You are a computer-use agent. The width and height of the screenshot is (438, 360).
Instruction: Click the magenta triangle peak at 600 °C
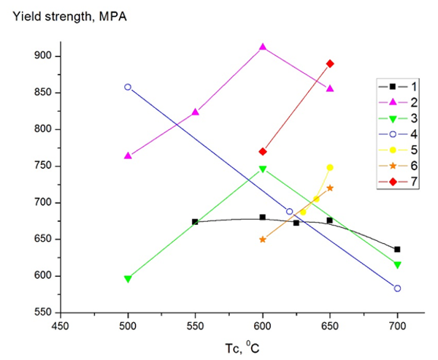click(x=263, y=47)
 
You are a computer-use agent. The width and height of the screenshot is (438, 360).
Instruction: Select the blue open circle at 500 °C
click(x=128, y=87)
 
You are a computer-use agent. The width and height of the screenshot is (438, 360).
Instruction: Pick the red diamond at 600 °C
click(x=263, y=151)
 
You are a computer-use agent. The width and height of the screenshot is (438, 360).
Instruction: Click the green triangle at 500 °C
click(x=128, y=279)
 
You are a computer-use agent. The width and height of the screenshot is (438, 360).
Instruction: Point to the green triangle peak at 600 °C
click(x=263, y=169)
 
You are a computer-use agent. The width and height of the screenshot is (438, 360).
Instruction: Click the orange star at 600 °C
click(x=263, y=239)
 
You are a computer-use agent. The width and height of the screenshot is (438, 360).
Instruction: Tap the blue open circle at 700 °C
click(x=397, y=288)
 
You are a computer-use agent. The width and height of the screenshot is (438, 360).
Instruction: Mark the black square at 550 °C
click(x=195, y=222)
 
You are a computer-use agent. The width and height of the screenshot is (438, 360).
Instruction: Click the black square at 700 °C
click(x=397, y=249)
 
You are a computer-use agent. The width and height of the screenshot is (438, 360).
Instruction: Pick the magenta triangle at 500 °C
click(x=128, y=156)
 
